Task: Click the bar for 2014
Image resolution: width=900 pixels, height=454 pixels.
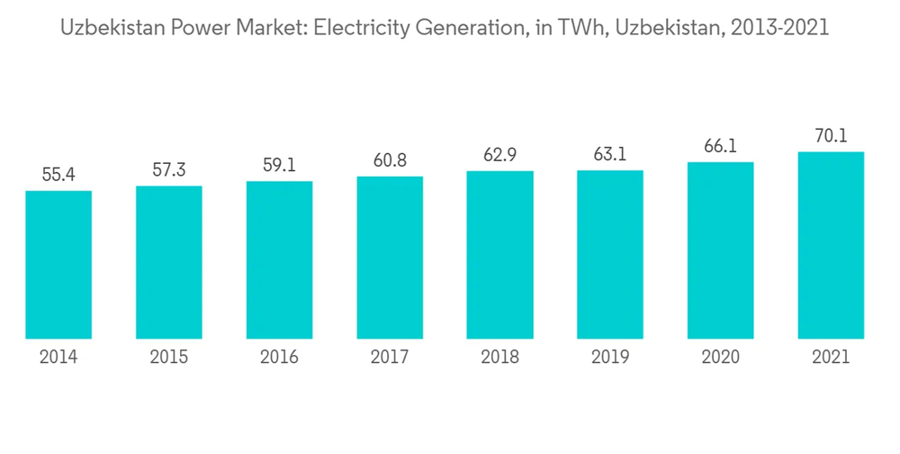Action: (58, 265)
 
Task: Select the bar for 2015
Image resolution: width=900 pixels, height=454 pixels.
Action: (169, 262)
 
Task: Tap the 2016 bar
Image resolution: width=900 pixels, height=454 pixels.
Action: (280, 259)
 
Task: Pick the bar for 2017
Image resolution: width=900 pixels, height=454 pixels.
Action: (390, 258)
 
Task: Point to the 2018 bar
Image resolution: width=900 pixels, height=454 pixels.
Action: (500, 255)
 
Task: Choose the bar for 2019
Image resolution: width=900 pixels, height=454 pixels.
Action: (610, 254)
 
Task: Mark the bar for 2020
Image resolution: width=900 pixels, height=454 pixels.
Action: (721, 250)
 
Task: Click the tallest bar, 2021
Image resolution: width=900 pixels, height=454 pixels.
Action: (831, 245)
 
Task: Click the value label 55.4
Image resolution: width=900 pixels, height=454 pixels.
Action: (58, 175)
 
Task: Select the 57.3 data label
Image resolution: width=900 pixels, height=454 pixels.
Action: (169, 170)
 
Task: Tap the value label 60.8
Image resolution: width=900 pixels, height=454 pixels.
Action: (390, 160)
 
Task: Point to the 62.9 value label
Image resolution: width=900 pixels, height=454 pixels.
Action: (500, 155)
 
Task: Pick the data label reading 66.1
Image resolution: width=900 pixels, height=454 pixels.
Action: (721, 147)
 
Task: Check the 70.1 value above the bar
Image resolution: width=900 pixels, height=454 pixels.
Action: (831, 136)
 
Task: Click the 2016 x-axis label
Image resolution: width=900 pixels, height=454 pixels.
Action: (280, 358)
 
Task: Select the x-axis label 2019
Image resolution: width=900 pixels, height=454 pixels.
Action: (610, 358)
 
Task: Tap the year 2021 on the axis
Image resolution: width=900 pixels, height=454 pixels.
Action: (831, 358)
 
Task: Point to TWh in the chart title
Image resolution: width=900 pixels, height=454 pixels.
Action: (572, 29)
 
